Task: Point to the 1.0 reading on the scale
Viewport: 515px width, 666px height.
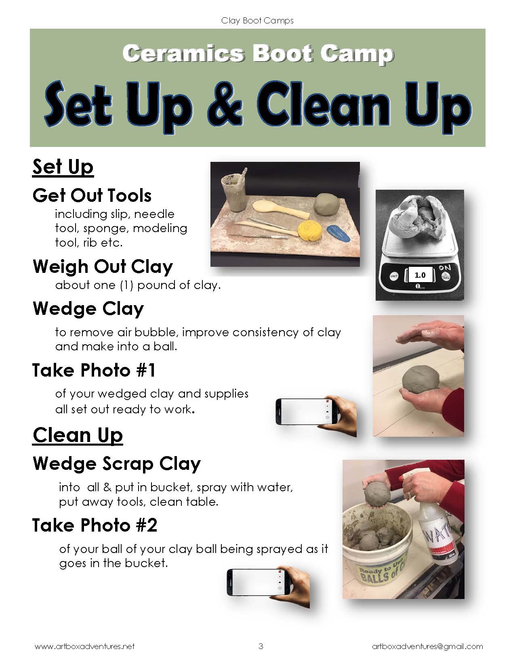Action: point(420,275)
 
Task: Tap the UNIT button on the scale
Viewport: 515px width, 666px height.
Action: point(394,276)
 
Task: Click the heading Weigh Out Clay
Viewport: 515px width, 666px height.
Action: point(103,267)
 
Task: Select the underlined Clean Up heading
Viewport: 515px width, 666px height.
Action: point(78,435)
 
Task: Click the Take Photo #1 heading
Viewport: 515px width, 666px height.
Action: point(94,370)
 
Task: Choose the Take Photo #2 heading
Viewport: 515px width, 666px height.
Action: point(95,525)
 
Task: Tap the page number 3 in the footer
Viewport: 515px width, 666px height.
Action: point(261,646)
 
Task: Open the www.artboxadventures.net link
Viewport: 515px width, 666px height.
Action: point(85,646)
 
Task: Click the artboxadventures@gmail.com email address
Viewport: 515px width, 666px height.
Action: point(428,647)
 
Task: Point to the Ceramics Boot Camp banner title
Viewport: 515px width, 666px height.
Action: point(258,54)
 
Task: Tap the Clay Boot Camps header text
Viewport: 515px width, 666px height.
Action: point(257,21)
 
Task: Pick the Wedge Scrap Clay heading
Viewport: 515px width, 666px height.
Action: point(117,463)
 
